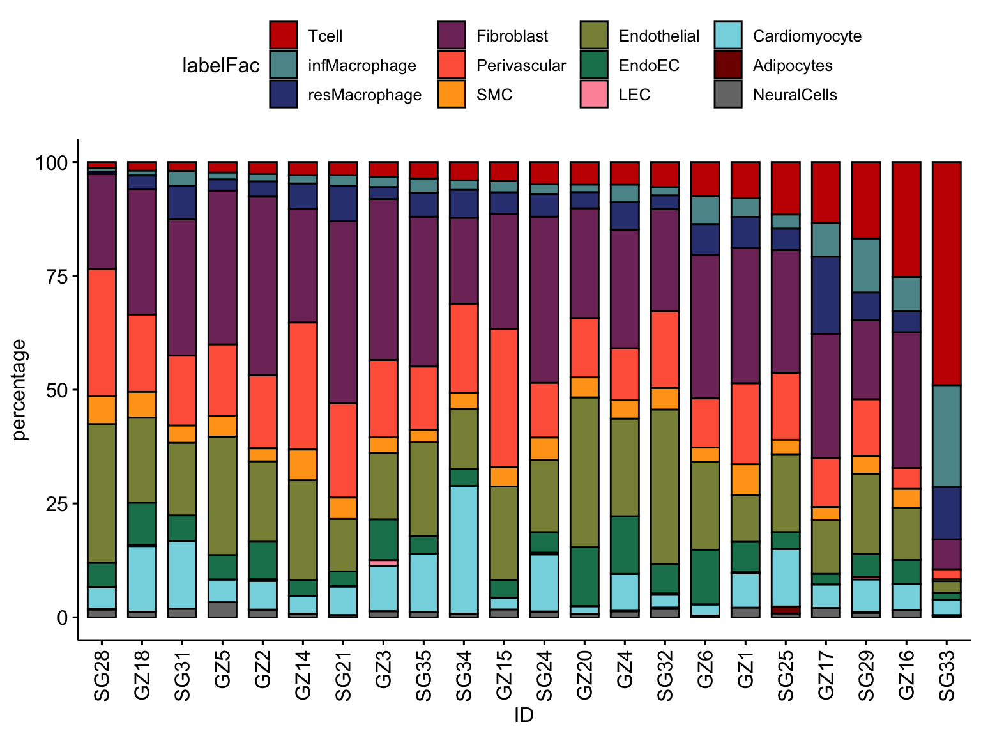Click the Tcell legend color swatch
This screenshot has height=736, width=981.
pos(283,36)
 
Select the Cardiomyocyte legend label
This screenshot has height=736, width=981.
pos(807,36)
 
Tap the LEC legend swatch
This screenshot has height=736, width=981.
pos(594,95)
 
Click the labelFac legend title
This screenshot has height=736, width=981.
pos(221,65)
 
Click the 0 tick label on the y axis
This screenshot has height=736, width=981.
pos(62,618)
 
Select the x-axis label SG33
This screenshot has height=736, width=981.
pos(947,676)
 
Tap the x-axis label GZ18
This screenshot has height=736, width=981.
pos(142,676)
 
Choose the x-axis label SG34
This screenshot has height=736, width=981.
pos(464,676)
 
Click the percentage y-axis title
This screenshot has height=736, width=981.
pos(20,390)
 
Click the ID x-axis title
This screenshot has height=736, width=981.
pos(524,716)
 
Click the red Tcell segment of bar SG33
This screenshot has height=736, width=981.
pos(947,273)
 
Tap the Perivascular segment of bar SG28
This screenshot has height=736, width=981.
pos(102,332)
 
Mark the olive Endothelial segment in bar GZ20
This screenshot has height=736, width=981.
pos(585,472)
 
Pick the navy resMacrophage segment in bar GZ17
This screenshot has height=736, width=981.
pos(826,295)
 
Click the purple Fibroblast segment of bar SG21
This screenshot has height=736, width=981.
pos(344,312)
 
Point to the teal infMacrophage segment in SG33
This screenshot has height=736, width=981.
pos(947,436)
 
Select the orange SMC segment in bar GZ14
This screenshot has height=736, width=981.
pos(303,464)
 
